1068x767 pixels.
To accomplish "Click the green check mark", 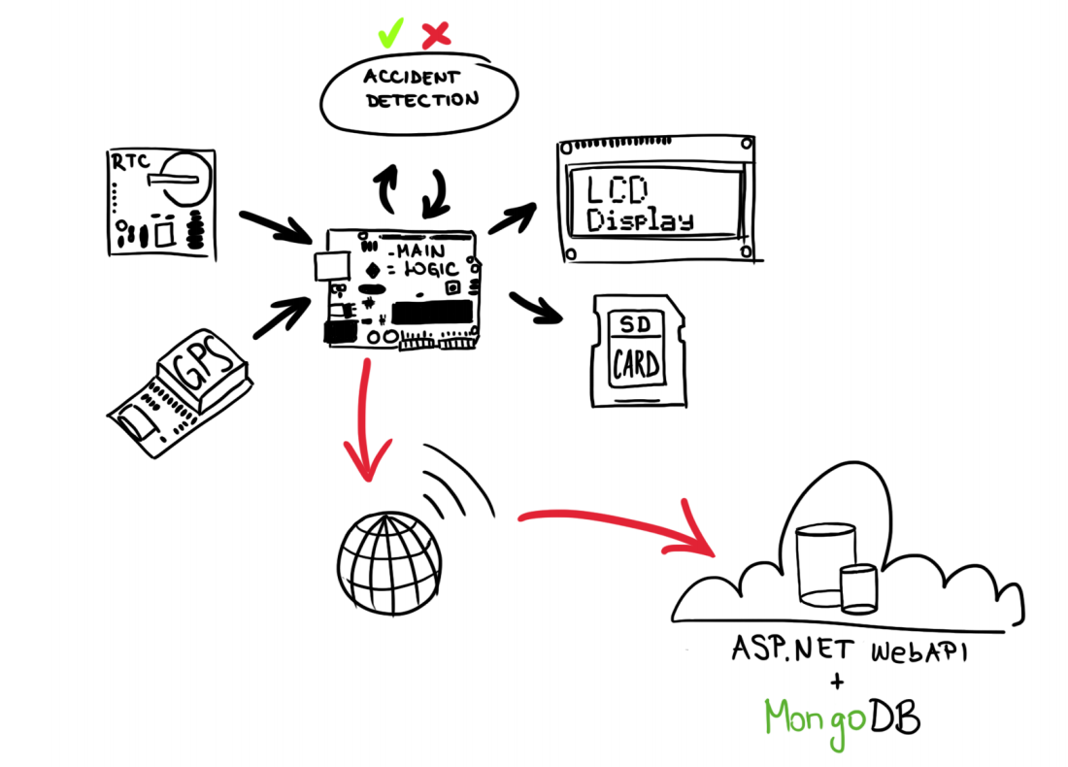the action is click(390, 35).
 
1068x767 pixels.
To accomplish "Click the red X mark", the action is click(437, 35).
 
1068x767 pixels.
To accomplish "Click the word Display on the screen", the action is click(642, 220).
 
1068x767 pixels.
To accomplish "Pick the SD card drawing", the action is click(636, 350).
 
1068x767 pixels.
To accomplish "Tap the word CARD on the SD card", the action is click(636, 366).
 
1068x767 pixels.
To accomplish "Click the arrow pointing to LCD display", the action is click(514, 218).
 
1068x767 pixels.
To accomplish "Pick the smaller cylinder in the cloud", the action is click(858, 588).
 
